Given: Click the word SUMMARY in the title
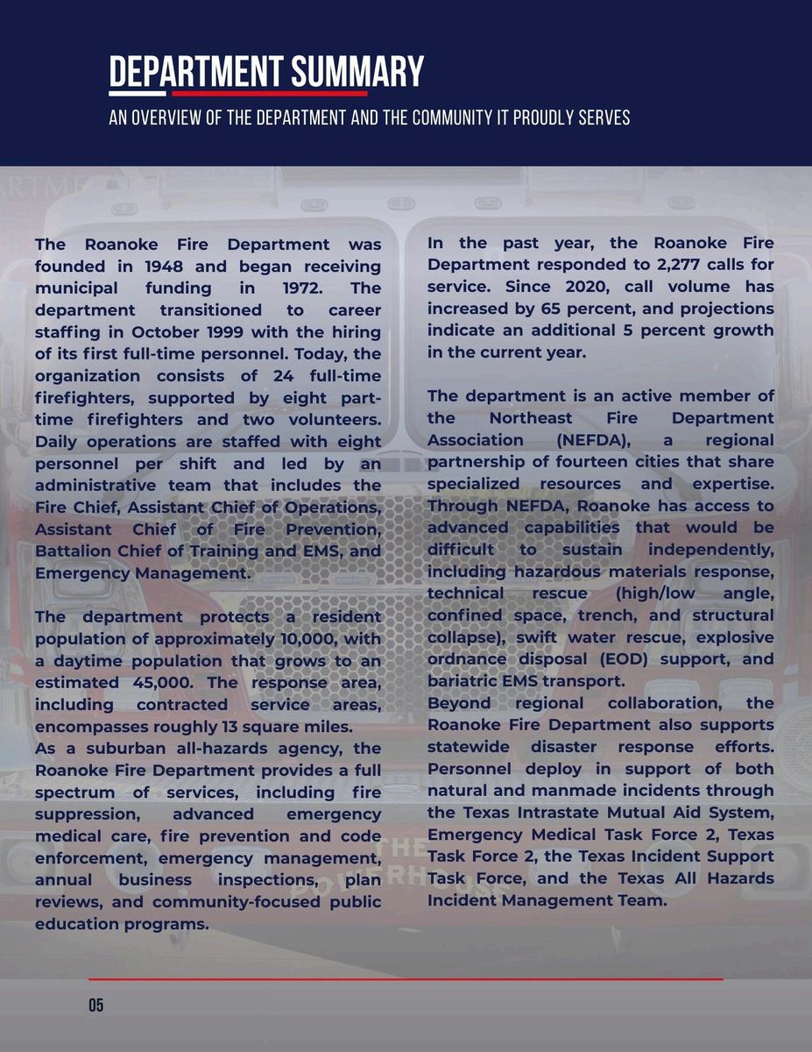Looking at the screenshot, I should tap(358, 71).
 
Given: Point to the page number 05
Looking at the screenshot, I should tap(95, 1006).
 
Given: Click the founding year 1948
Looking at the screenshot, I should tap(164, 266).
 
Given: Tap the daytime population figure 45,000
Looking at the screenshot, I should tap(164, 682).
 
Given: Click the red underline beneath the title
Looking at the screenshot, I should tap(269, 93).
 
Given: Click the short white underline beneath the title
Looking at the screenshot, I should tap(137, 93).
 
